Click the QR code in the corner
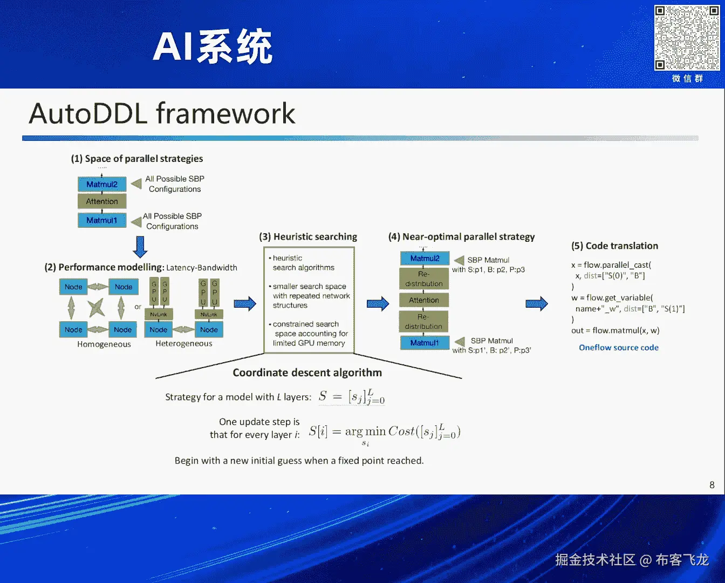687,38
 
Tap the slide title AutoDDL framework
162,114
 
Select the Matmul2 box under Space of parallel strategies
102,185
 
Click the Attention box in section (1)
102,201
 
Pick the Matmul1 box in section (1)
102,220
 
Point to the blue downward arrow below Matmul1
140,247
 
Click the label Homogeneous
104,344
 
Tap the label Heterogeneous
184,344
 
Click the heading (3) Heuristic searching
308,237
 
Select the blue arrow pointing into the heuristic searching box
245,303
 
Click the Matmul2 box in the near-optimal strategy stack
425,259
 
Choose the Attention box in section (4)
424,300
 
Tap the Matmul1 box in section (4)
425,343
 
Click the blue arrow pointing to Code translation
537,304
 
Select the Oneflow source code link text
619,348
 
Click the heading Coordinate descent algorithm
307,372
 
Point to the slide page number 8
712,485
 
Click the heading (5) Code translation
615,246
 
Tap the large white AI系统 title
213,47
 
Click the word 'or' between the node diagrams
138,307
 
